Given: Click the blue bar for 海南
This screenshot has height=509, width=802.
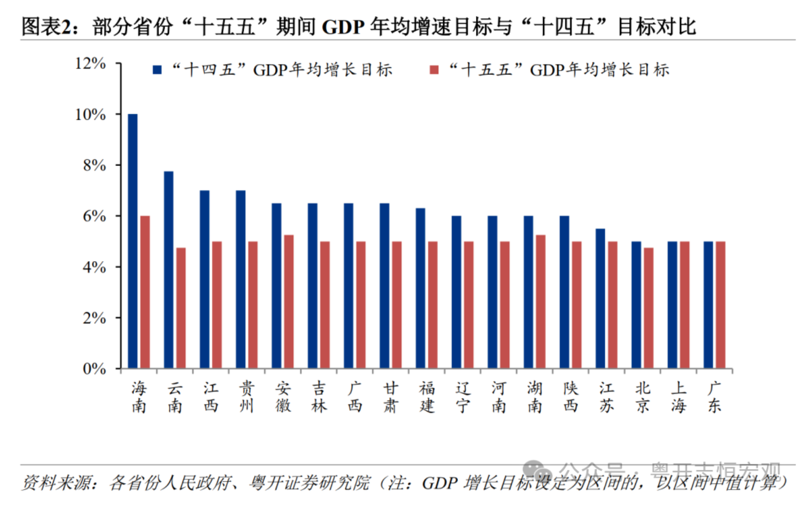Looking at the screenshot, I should [x=133, y=241].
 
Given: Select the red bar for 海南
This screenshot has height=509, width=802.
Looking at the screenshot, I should [x=145, y=292].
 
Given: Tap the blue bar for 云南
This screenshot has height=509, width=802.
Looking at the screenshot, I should [x=168, y=270].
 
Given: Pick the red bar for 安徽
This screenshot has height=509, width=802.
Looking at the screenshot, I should [x=289, y=302].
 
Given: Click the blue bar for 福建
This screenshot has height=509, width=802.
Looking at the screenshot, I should [x=420, y=288].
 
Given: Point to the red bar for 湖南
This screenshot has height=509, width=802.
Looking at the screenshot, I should [x=540, y=302].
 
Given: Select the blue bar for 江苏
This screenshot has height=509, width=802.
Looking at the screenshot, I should [x=600, y=298].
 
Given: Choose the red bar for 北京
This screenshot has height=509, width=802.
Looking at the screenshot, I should [x=649, y=308].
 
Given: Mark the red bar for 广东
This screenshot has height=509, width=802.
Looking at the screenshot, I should [x=720, y=304].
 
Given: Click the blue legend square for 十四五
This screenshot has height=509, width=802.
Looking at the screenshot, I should [x=157, y=70].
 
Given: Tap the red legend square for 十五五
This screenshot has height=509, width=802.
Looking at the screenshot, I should [x=434, y=70].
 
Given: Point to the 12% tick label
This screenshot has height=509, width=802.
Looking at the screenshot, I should [x=90, y=63].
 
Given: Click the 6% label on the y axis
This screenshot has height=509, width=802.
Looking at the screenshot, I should [x=94, y=216].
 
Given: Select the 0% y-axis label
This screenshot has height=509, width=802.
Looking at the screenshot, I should [x=94, y=369].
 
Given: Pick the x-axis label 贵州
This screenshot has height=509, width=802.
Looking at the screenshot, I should [x=247, y=397].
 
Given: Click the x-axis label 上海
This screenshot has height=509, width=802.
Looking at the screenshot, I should [x=678, y=397].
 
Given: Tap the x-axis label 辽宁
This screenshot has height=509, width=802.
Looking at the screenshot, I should [x=463, y=397].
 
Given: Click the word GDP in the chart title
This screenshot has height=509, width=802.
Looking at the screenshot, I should [x=343, y=27].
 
